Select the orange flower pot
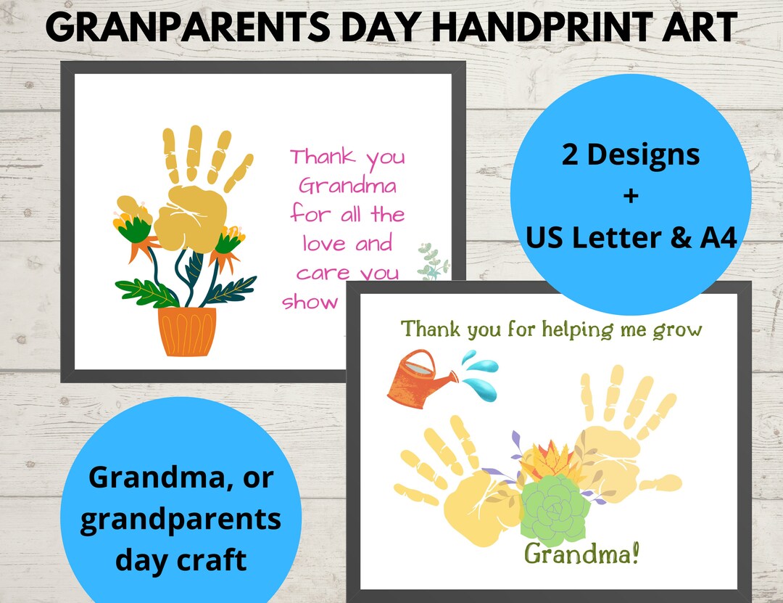[187, 331]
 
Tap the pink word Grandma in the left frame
[348, 186]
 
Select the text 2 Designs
[631, 155]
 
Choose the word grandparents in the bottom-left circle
[181, 520]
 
